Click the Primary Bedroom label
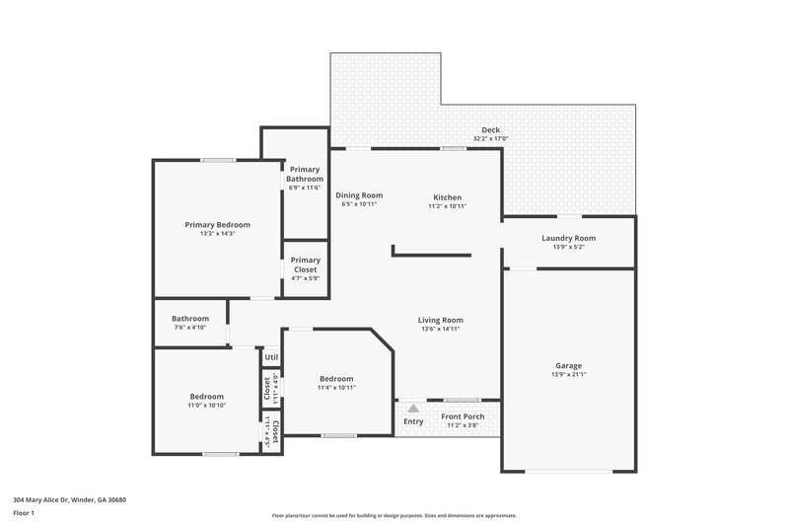pyautogui.click(x=217, y=225)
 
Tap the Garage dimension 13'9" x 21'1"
pyautogui.click(x=568, y=375)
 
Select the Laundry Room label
pyautogui.click(x=568, y=238)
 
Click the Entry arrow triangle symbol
pyautogui.click(x=413, y=408)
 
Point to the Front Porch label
pyautogui.click(x=462, y=416)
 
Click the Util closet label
pyautogui.click(x=271, y=357)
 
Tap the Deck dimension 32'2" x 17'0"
pyautogui.click(x=490, y=139)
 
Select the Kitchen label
pyautogui.click(x=446, y=196)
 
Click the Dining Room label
pyautogui.click(x=359, y=195)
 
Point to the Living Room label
pyautogui.click(x=440, y=320)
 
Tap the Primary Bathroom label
pyautogui.click(x=305, y=175)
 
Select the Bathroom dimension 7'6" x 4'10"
pyautogui.click(x=190, y=328)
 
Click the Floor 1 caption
pyautogui.click(x=25, y=513)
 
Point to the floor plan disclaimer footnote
pyautogui.click(x=394, y=515)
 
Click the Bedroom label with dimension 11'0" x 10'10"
pyautogui.click(x=206, y=397)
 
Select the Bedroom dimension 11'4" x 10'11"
pyautogui.click(x=335, y=388)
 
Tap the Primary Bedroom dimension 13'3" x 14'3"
pyautogui.click(x=217, y=234)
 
